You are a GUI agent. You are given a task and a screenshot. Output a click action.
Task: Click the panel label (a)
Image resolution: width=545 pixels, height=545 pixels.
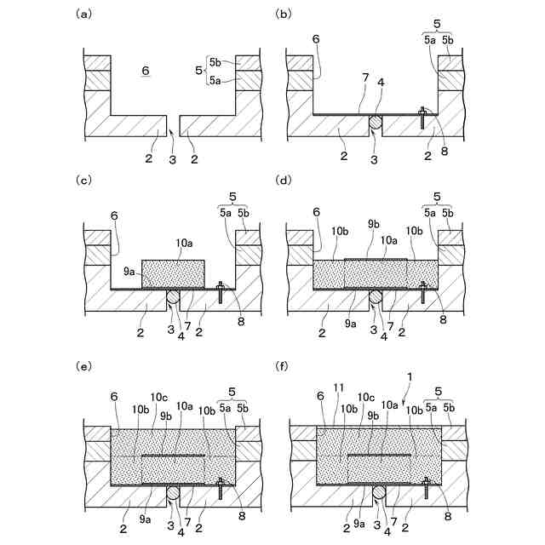(83, 14)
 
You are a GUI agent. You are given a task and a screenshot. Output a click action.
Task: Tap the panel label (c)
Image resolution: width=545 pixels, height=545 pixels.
(83, 180)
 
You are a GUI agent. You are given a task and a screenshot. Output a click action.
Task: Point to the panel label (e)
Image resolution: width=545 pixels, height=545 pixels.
(83, 365)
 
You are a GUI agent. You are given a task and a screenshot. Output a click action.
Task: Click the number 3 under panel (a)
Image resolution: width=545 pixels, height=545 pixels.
(172, 158)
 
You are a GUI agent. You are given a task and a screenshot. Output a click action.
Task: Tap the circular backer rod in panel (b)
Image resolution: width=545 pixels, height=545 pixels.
(376, 124)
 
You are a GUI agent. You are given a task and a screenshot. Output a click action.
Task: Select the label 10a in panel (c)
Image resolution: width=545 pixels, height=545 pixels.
(183, 244)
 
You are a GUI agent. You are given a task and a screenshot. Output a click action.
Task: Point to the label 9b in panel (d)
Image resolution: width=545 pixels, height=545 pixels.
(374, 224)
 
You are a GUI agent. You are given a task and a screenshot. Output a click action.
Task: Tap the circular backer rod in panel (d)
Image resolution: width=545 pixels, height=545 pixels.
(376, 298)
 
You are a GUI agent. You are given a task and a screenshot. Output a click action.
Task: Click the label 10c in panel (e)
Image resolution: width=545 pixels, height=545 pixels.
(159, 396)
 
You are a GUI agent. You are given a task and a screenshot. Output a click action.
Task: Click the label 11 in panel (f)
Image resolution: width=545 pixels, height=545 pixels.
(338, 387)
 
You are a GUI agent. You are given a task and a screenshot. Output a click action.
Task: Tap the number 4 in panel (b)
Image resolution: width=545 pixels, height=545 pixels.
(381, 83)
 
